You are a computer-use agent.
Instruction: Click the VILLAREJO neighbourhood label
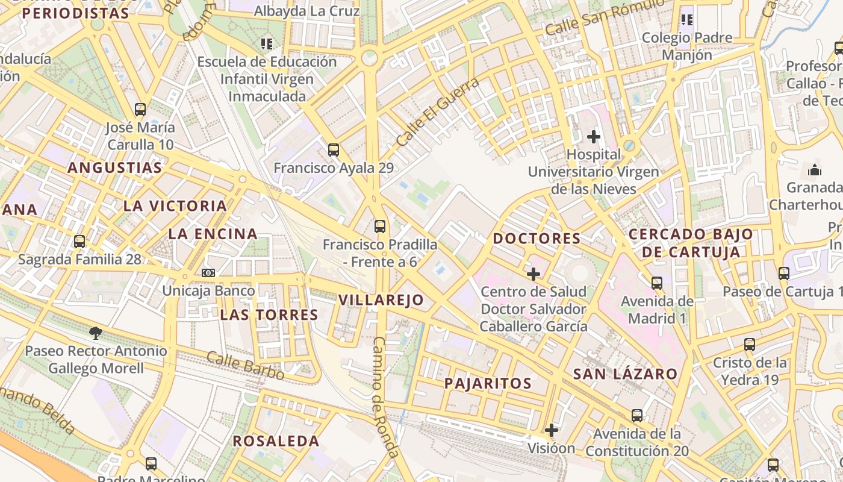(x=381, y=300)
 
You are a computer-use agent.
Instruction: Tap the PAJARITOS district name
(x=488, y=383)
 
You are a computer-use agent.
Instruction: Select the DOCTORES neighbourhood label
(x=537, y=239)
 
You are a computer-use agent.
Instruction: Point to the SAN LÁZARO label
(x=626, y=374)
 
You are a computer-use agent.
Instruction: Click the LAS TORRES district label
(x=269, y=315)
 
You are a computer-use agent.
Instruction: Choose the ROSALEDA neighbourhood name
(x=276, y=441)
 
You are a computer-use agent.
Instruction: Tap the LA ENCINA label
(x=213, y=234)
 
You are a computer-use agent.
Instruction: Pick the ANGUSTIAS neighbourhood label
(x=115, y=167)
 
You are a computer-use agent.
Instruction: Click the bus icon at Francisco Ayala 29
(x=334, y=149)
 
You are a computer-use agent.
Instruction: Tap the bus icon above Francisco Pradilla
(x=380, y=227)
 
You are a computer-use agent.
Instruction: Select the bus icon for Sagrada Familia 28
(x=79, y=242)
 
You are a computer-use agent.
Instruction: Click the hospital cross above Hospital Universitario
(x=594, y=137)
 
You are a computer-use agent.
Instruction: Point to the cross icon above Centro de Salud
(x=533, y=274)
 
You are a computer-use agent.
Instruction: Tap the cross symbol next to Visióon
(x=552, y=430)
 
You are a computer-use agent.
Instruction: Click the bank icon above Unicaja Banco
(x=208, y=273)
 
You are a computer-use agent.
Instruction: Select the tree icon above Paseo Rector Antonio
(x=96, y=333)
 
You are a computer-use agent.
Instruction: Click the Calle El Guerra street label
(x=438, y=111)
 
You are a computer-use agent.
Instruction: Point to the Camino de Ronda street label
(x=385, y=398)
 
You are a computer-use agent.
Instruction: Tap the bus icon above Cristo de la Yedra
(x=750, y=345)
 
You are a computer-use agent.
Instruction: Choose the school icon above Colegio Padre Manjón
(x=687, y=20)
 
